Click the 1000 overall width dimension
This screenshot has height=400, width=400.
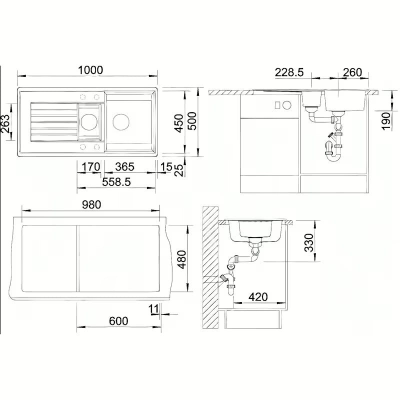[90, 70]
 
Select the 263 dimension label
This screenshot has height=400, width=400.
[5, 123]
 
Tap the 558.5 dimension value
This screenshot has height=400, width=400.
[116, 182]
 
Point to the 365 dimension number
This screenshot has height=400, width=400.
[124, 167]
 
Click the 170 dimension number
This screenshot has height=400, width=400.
[91, 167]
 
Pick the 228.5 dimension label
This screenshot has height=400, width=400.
[289, 72]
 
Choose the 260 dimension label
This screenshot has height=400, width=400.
[352, 72]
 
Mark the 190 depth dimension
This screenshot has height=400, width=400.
[386, 121]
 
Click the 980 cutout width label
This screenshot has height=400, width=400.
[91, 204]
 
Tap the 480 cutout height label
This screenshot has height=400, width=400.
[182, 259]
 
